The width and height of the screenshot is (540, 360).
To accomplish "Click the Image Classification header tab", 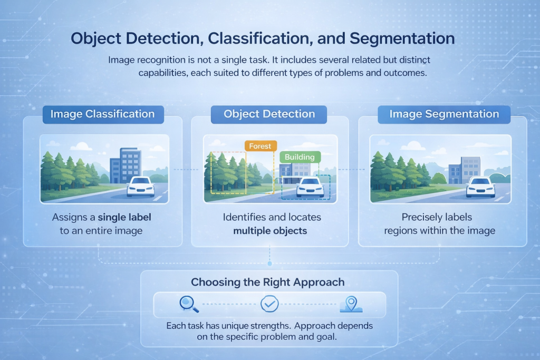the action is pyautogui.click(x=103, y=114).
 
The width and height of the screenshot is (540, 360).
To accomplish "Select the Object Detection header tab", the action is pyautogui.click(x=269, y=114).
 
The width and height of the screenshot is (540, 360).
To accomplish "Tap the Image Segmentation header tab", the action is pyautogui.click(x=444, y=114).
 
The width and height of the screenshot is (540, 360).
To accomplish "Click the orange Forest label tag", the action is pyautogui.click(x=261, y=146).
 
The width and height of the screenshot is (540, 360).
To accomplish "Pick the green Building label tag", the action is pyautogui.click(x=300, y=157).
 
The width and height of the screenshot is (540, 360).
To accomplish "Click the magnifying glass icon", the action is pyautogui.click(x=189, y=304).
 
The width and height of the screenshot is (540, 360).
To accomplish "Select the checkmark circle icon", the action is pyautogui.click(x=269, y=304).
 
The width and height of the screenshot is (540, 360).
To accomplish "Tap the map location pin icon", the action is pyautogui.click(x=351, y=304).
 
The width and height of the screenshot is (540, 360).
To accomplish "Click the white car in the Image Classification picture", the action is pyautogui.click(x=140, y=187).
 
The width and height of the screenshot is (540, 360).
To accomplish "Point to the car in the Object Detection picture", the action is pyautogui.click(x=310, y=187).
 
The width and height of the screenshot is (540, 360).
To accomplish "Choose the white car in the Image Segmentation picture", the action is pyautogui.click(x=480, y=187).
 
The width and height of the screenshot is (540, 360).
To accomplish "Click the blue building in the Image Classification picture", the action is pyautogui.click(x=126, y=166).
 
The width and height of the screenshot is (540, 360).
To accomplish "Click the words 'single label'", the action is pyautogui.click(x=124, y=217).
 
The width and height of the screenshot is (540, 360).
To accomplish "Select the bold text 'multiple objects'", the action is pyautogui.click(x=270, y=230).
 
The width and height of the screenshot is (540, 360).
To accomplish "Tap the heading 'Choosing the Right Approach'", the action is pyautogui.click(x=268, y=282).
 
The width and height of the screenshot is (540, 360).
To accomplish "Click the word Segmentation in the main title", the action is pyautogui.click(x=402, y=38).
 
